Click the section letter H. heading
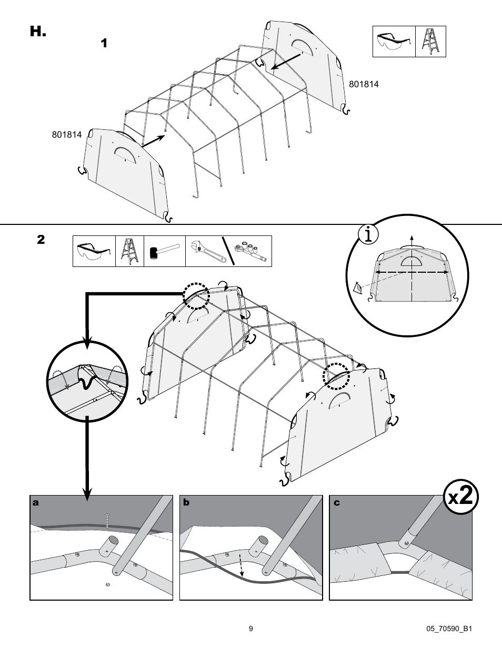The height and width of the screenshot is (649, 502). click(x=38, y=32)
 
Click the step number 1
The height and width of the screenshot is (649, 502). click(x=104, y=43)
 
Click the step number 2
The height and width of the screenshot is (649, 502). click(x=41, y=240)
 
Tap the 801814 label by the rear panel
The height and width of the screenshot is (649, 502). click(x=364, y=84)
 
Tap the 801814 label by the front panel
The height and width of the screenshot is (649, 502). click(x=67, y=135)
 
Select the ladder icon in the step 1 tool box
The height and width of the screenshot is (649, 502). click(x=430, y=42)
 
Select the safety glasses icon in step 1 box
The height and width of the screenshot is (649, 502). click(x=394, y=42)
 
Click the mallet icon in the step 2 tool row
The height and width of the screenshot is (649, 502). click(x=164, y=251)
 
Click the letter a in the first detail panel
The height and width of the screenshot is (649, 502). click(x=36, y=503)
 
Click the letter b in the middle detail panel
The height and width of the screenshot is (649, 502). click(x=186, y=503)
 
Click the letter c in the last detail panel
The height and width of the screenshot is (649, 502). click(x=337, y=503)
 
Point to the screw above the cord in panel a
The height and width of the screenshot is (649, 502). click(x=107, y=520)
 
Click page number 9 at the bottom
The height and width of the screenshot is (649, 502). click(x=251, y=628)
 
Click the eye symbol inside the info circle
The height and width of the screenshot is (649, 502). click(x=358, y=288)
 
